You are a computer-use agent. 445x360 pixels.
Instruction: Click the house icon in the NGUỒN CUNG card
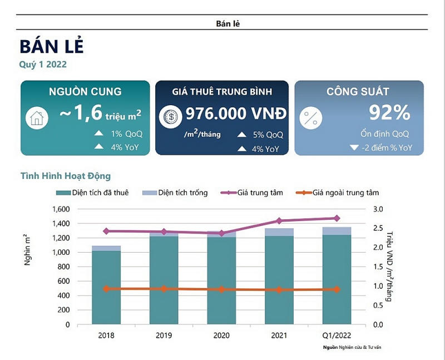pyautogui.click(x=37, y=118)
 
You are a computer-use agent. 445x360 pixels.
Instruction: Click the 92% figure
pyautogui.click(x=389, y=113)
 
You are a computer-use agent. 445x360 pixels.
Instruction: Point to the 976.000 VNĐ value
pyautogui.click(x=236, y=114)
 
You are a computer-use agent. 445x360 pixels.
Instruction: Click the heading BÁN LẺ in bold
pyautogui.click(x=52, y=47)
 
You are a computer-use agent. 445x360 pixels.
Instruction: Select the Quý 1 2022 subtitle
pyautogui.click(x=43, y=65)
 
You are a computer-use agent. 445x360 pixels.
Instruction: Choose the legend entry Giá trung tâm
pyautogui.click(x=260, y=193)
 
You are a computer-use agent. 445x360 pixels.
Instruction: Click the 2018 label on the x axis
pyautogui.click(x=106, y=336)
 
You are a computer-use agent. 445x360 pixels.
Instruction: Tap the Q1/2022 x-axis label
pyautogui.click(x=337, y=336)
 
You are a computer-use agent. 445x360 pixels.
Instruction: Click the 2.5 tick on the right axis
pyautogui.click(x=378, y=228)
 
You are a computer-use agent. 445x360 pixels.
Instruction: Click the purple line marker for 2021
pyautogui.click(x=279, y=221)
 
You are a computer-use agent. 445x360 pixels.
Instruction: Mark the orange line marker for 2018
pyautogui.click(x=106, y=289)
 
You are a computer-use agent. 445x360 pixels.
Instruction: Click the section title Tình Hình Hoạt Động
pyautogui.click(x=66, y=176)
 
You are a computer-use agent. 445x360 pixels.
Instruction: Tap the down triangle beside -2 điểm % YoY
pyautogui.click(x=353, y=148)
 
